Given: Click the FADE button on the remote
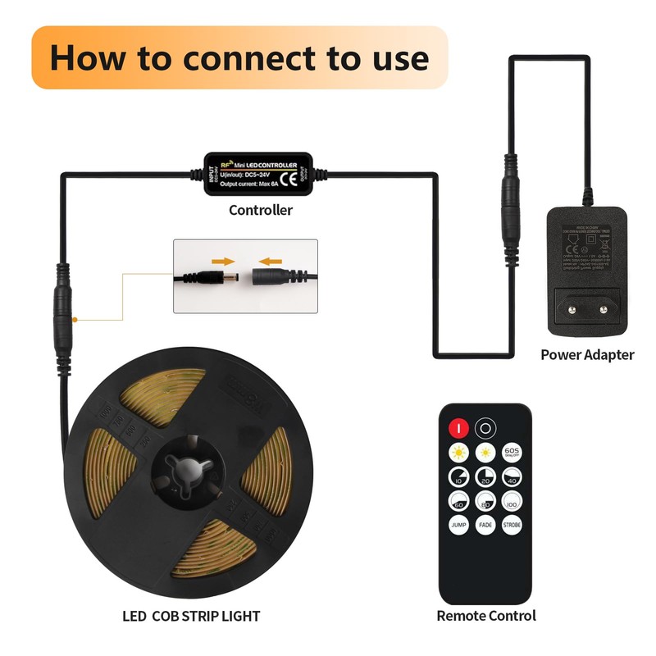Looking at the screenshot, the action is [485, 524].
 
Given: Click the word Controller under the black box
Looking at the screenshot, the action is [260, 211].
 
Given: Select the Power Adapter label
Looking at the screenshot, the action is [587, 355].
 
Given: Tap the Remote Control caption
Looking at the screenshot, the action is [485, 615].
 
